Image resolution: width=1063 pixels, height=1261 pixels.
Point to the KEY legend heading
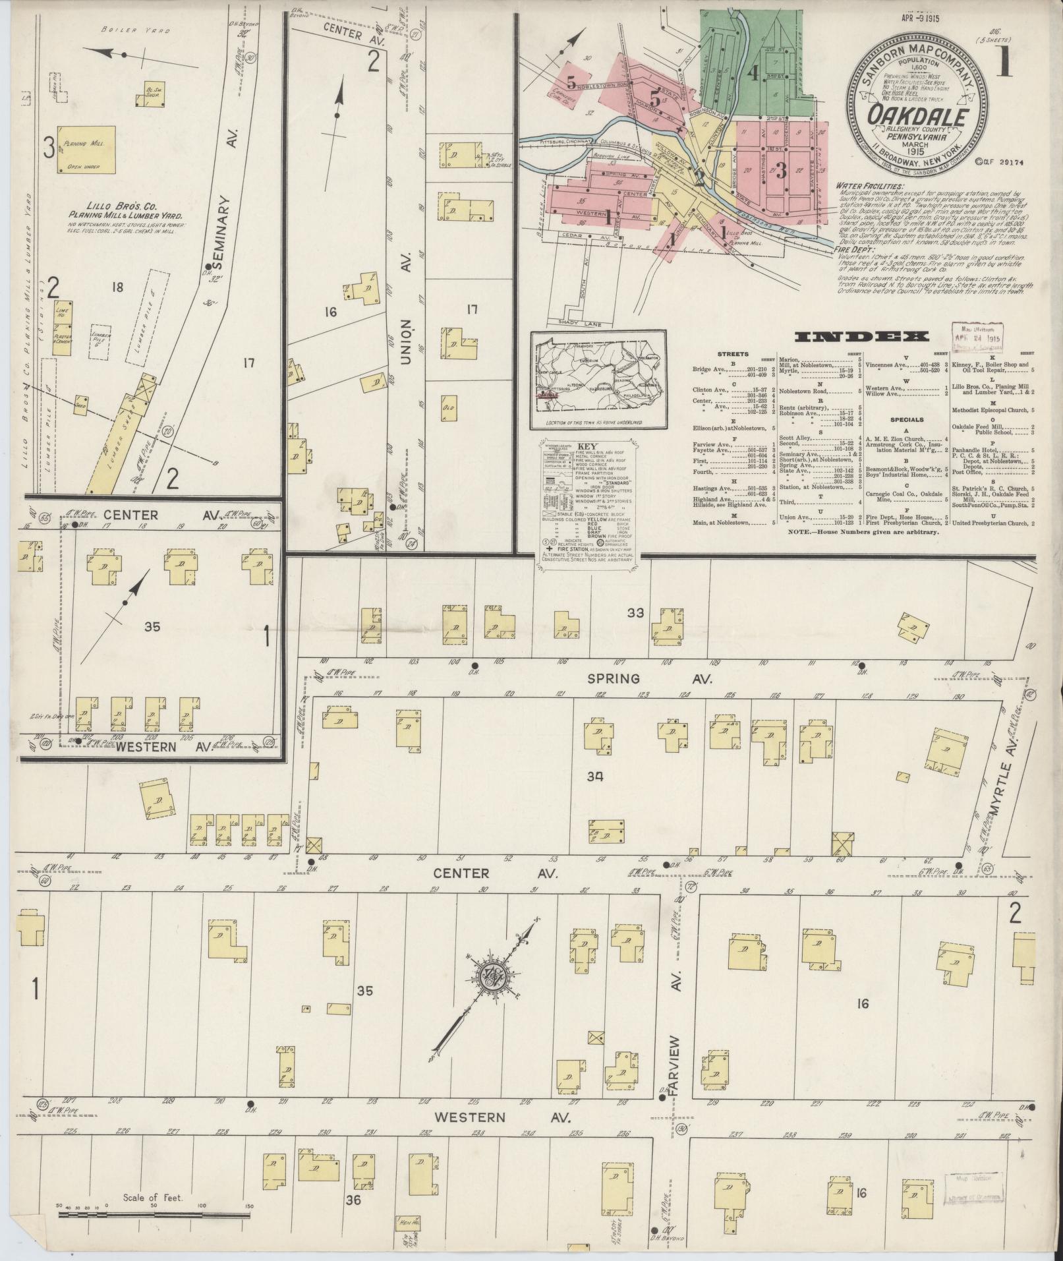(586, 446)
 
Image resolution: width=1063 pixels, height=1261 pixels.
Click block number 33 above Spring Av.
(635, 613)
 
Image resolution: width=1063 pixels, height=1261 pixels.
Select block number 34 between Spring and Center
(595, 777)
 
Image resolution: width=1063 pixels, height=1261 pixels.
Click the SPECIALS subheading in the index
(905, 419)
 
